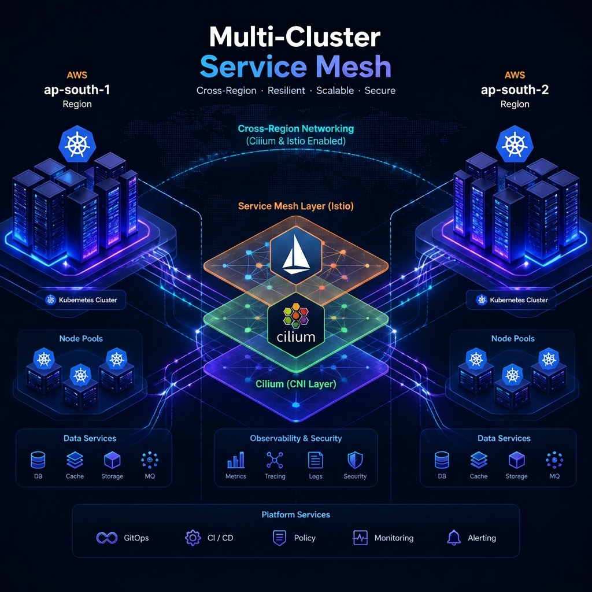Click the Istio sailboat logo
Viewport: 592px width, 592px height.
(297, 255)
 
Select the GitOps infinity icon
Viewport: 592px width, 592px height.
(107, 538)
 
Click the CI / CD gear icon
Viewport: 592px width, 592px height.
(193, 538)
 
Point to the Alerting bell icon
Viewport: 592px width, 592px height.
(454, 538)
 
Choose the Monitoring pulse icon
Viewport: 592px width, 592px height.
(360, 538)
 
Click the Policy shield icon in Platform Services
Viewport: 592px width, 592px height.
(279, 538)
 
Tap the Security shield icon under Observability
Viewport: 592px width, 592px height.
(355, 460)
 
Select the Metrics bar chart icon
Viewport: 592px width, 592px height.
(236, 460)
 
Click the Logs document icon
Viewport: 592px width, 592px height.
(315, 460)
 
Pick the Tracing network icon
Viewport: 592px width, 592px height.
(275, 460)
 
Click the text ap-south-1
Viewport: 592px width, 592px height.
(77, 90)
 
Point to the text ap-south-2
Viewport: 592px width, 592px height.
(515, 90)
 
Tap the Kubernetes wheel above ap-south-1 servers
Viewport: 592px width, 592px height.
(77, 144)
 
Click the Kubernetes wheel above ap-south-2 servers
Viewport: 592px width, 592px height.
(514, 144)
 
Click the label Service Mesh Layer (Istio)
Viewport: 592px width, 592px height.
(296, 206)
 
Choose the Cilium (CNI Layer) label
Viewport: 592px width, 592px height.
(296, 384)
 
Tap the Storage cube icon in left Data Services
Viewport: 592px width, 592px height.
(112, 460)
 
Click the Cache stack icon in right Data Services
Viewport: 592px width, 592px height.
(479, 460)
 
